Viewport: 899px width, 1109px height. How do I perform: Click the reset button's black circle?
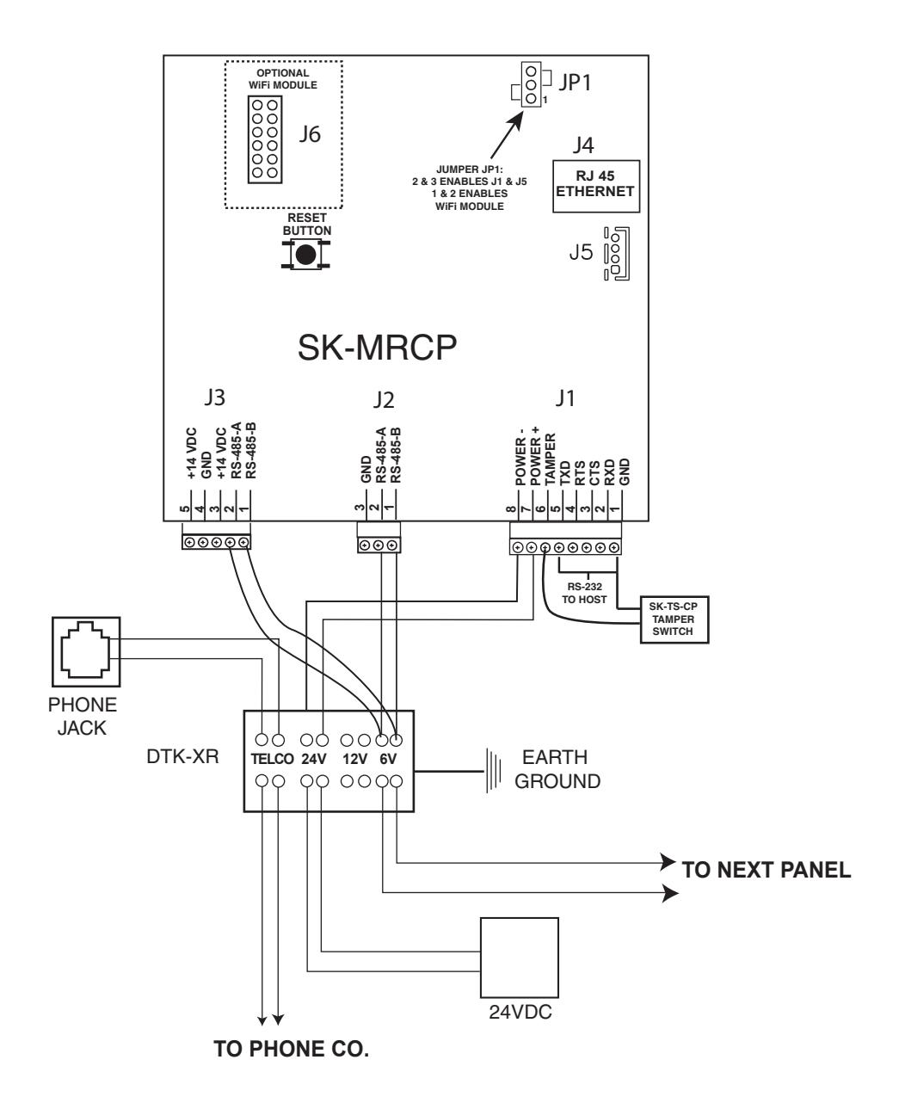[305, 255]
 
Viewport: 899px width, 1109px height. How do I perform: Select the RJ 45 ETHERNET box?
[595, 186]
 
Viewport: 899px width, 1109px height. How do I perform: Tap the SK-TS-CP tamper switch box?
[674, 619]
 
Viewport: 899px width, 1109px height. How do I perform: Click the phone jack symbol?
[86, 651]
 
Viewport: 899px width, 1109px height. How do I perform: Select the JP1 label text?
[575, 83]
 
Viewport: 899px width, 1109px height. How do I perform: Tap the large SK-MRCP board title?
[377, 348]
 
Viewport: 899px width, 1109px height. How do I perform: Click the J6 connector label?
[310, 134]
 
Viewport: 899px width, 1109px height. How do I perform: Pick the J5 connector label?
[581, 252]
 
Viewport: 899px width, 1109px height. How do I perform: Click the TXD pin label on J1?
[565, 472]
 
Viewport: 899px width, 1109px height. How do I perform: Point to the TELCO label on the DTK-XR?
[272, 759]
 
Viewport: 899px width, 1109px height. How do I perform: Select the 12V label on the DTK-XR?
[355, 759]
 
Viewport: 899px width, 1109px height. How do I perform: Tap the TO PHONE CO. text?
[292, 1049]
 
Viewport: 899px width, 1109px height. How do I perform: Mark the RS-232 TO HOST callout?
[585, 593]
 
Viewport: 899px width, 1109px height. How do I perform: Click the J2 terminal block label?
[384, 400]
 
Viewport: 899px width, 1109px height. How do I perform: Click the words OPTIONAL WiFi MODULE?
[283, 79]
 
